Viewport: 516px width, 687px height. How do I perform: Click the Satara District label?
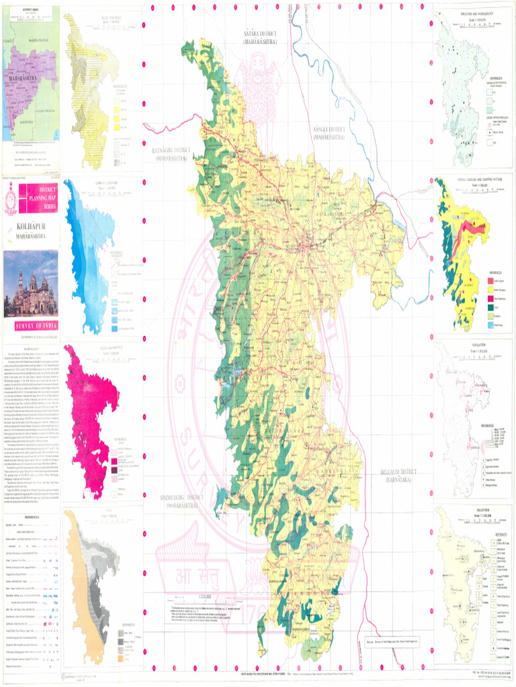pyautogui.click(x=260, y=36)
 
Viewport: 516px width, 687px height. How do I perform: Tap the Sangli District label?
pyautogui.click(x=329, y=132)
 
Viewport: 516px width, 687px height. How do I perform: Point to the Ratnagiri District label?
pyautogui.click(x=173, y=154)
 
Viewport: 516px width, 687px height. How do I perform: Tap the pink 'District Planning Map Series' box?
pyautogui.click(x=38, y=199)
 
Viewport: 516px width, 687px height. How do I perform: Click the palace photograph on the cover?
pyautogui.click(x=31, y=284)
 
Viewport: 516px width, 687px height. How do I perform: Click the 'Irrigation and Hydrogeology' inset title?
pyautogui.click(x=466, y=14)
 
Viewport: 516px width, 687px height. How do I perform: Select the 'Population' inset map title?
pyautogui.click(x=468, y=345)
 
